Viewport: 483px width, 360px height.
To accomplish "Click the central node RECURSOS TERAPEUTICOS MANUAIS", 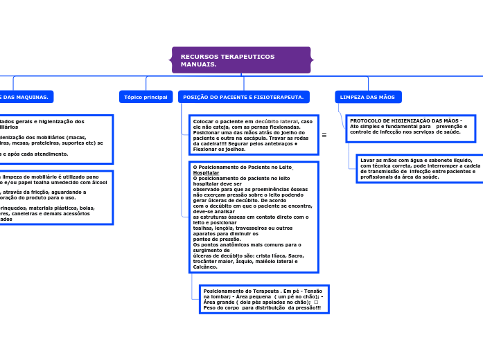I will (x=241, y=60).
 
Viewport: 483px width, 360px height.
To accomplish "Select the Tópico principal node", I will (x=146, y=98).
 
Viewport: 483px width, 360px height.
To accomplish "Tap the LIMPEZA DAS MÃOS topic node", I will (x=368, y=98).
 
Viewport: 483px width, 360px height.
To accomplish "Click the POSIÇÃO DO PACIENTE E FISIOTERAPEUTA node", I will (x=243, y=98).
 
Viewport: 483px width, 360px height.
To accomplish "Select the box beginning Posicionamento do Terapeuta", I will (x=263, y=299).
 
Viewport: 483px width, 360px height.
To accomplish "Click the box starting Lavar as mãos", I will (x=419, y=168).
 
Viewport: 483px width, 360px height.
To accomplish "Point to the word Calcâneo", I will (x=205, y=267).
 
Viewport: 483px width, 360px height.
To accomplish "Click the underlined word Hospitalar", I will (x=205, y=172).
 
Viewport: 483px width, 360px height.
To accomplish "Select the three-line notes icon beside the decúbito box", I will (x=324, y=135).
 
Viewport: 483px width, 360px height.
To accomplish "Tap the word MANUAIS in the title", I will (x=198, y=64).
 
